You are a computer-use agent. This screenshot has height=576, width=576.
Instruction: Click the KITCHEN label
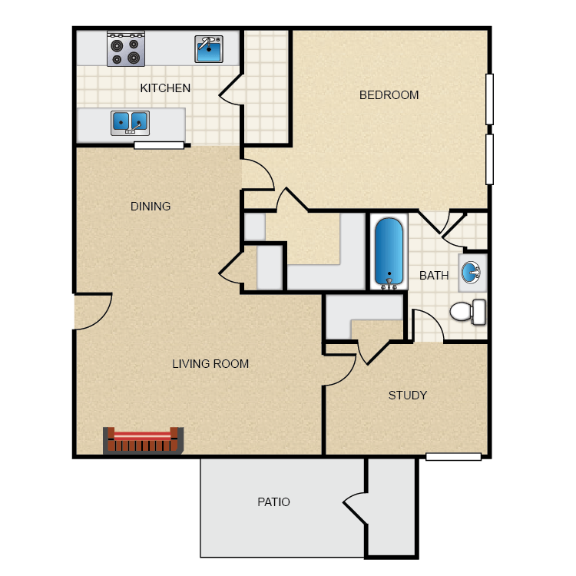point(165,88)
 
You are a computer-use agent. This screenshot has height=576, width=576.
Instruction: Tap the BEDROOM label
point(389,95)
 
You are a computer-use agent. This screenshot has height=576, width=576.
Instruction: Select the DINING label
point(151,207)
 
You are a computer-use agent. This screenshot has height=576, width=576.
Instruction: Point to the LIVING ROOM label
point(210,364)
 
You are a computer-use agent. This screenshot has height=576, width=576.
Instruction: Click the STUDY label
point(407,396)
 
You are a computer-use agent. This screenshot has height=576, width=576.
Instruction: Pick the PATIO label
point(273,502)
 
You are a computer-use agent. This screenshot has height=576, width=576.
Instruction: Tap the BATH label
point(434,276)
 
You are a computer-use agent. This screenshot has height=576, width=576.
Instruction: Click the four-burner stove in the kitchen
point(126,48)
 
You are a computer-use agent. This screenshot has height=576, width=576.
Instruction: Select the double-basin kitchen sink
point(130,121)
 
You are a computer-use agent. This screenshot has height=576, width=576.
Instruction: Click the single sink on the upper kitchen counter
point(208,49)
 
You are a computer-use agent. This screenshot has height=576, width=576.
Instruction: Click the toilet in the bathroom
point(467,311)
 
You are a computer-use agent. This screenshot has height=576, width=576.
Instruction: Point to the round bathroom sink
point(472,271)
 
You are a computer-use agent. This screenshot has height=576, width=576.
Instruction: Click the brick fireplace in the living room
point(144,441)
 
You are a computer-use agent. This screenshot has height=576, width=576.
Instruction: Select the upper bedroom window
point(489,98)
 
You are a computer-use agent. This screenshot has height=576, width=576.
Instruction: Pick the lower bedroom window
point(489,159)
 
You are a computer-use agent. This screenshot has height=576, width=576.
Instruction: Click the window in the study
point(453,457)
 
